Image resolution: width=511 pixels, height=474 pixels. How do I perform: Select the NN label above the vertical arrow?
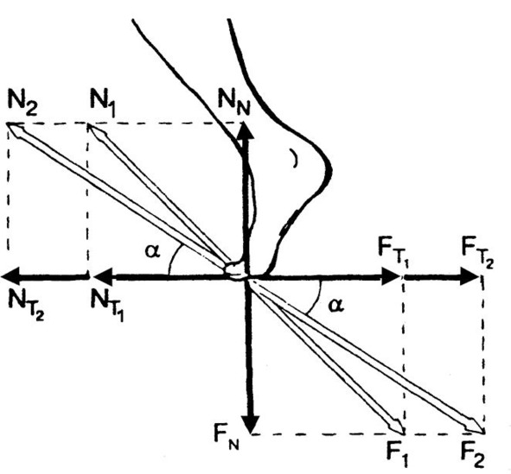(x=234, y=104)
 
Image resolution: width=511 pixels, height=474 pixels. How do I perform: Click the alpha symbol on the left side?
(x=152, y=250)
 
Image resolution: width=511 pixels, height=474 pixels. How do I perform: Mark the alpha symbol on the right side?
(x=336, y=305)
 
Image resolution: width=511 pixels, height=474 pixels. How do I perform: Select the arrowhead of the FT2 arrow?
(x=469, y=276)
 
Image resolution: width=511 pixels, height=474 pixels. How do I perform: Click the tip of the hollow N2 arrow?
(x=8, y=123)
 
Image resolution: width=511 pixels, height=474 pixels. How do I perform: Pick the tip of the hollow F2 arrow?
(x=484, y=433)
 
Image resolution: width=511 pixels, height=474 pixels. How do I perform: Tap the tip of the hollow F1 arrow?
(x=405, y=433)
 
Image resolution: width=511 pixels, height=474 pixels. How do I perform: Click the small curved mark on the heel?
(x=295, y=158)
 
